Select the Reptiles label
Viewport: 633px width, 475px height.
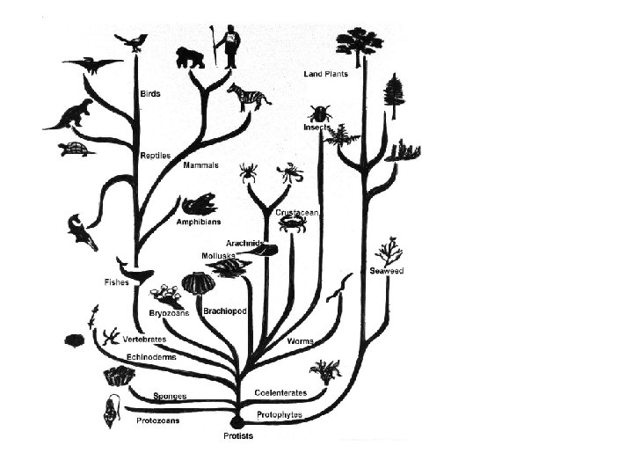tap(156, 156)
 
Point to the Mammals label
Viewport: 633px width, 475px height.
tap(200, 165)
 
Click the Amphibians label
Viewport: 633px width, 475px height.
tap(198, 222)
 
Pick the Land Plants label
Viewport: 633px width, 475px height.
tap(326, 74)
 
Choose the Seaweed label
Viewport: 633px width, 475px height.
tap(386, 271)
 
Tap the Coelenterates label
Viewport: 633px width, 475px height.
tap(280, 392)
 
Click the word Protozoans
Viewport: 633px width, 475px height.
tap(158, 420)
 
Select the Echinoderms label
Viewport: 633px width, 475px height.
tap(151, 357)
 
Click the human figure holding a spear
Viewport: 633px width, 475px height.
tap(229, 46)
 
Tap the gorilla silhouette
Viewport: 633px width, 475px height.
tap(190, 57)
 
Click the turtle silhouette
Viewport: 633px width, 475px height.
tap(77, 150)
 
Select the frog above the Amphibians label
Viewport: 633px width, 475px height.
tap(199, 205)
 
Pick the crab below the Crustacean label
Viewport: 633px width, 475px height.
tap(292, 225)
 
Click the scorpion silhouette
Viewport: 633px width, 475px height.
tap(290, 172)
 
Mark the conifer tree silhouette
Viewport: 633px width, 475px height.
tap(394, 95)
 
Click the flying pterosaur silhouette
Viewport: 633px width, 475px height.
tap(92, 64)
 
